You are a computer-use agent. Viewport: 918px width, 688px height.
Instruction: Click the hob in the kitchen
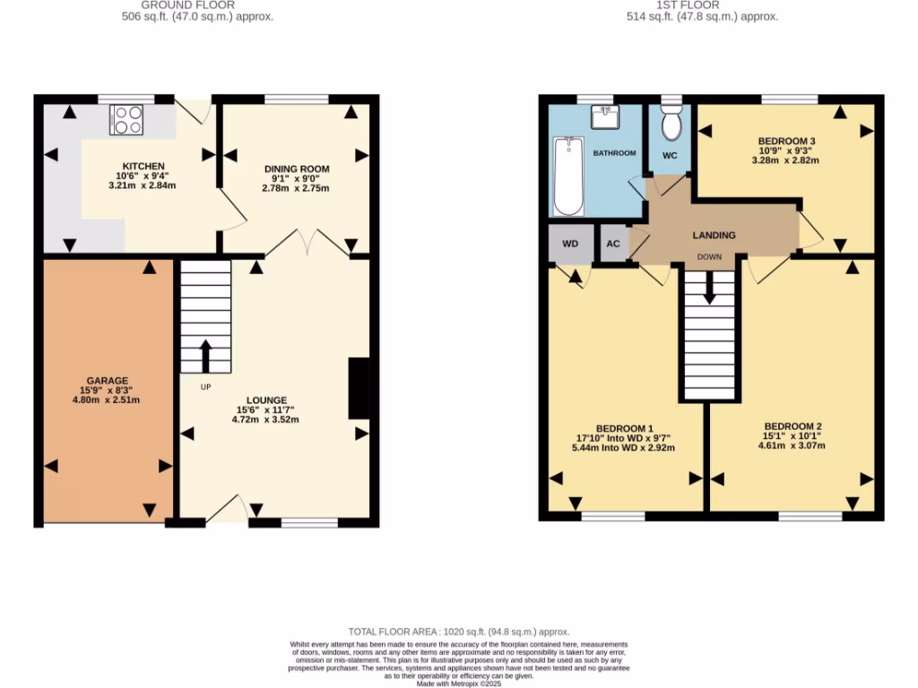tap(127, 120)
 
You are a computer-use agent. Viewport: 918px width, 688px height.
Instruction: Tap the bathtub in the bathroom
tap(567, 176)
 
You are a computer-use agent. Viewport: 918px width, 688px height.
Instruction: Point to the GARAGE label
tap(108, 380)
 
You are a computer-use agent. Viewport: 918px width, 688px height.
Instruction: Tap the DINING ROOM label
tap(296, 168)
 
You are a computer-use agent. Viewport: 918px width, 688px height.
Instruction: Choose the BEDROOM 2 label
tap(793, 426)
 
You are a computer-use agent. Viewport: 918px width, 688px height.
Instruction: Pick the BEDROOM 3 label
tap(786, 141)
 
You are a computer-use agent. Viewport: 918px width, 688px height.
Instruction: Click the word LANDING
tap(714, 236)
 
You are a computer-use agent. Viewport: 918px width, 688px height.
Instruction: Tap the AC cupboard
tap(613, 244)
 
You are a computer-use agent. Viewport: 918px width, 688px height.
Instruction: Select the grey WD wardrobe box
tap(570, 244)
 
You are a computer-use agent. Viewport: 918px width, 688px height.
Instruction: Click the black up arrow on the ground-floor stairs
tap(205, 355)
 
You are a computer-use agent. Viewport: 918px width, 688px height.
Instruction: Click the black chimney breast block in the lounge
tap(359, 388)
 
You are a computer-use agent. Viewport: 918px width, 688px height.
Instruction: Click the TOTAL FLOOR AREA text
tap(458, 632)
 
